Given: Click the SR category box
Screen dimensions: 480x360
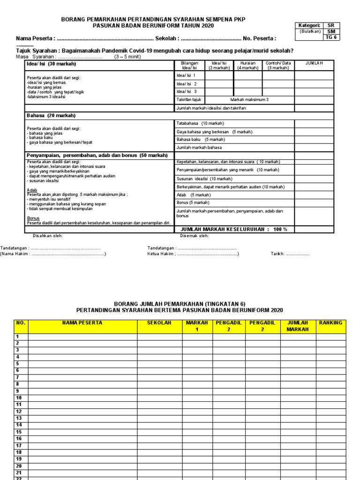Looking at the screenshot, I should point(331,25).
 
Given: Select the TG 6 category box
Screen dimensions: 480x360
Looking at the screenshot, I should point(331,37).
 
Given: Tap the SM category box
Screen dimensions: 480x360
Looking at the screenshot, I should point(331,31).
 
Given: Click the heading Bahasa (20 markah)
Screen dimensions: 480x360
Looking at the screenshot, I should point(51,115).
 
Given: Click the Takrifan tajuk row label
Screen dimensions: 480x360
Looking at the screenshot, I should point(188,100).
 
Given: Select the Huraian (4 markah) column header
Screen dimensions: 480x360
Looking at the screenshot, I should point(247,65).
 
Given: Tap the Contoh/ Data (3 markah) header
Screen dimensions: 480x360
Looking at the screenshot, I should point(278,65).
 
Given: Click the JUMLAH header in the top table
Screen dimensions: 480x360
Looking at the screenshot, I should point(314,63).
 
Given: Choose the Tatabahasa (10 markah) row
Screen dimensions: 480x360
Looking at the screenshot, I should point(200,124).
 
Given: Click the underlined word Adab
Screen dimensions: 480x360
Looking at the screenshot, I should point(32,190).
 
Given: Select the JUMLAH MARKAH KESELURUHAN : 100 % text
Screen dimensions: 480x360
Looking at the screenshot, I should point(234,229).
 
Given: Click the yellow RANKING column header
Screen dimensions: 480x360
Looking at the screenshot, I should point(330,323).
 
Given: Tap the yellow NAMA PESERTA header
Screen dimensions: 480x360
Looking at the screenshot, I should point(82,323).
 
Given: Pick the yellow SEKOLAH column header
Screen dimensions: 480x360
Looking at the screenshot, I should point(159,323).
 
